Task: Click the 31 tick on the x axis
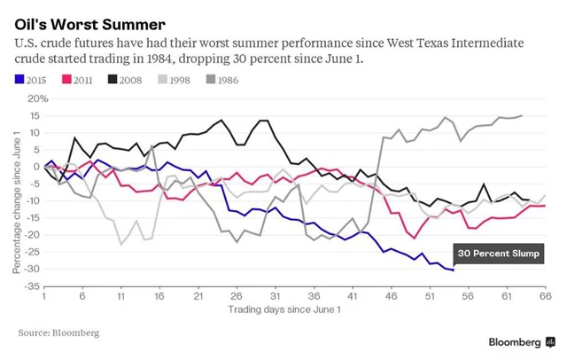coord(276,297)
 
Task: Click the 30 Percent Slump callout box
coord(498,254)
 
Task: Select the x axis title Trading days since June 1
coord(283,310)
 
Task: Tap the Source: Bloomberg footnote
coord(58,333)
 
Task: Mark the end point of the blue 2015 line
coord(453,270)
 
